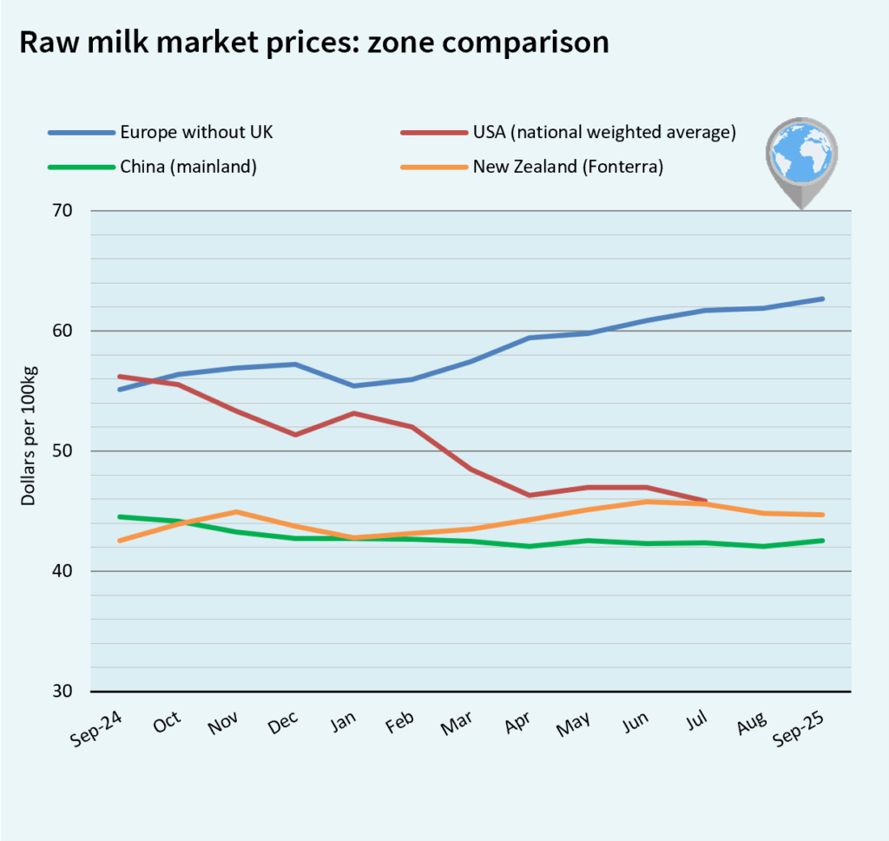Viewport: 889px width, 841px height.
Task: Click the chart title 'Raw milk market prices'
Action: (313, 43)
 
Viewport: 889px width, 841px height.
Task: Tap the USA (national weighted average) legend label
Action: (603, 132)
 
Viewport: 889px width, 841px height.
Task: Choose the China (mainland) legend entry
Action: (188, 167)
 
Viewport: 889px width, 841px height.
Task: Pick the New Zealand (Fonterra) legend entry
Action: (568, 167)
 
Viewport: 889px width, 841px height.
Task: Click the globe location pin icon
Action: (801, 161)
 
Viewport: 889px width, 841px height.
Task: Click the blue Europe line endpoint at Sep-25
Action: (821, 299)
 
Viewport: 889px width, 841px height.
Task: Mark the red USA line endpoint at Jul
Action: (704, 501)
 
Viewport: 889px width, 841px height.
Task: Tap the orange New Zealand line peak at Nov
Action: (237, 512)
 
